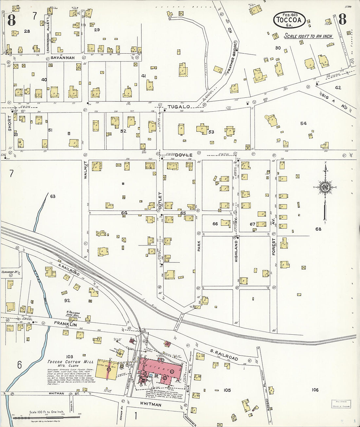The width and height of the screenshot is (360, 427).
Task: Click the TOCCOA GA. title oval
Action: [x=289, y=20]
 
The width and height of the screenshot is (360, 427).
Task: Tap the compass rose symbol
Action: [x=325, y=187]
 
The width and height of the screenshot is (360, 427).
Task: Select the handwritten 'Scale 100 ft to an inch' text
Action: [x=308, y=36]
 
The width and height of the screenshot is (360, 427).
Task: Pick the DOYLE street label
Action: [x=183, y=155]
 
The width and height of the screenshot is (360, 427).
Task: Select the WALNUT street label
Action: [x=86, y=170]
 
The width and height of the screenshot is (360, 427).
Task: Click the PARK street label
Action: [x=199, y=246]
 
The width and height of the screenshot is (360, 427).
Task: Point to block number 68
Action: [x=318, y=229]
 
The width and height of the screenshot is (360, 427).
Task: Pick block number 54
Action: [x=303, y=123]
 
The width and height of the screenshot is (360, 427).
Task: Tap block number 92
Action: [x=67, y=300]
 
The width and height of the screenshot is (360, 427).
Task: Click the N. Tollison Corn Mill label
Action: [x=73, y=314]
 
